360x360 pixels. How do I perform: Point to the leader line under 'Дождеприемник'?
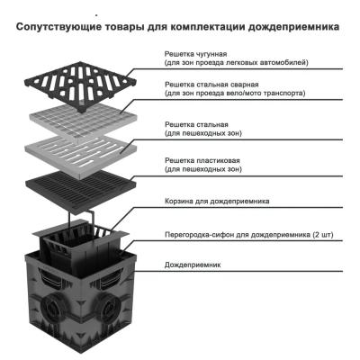coord(243,273)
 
